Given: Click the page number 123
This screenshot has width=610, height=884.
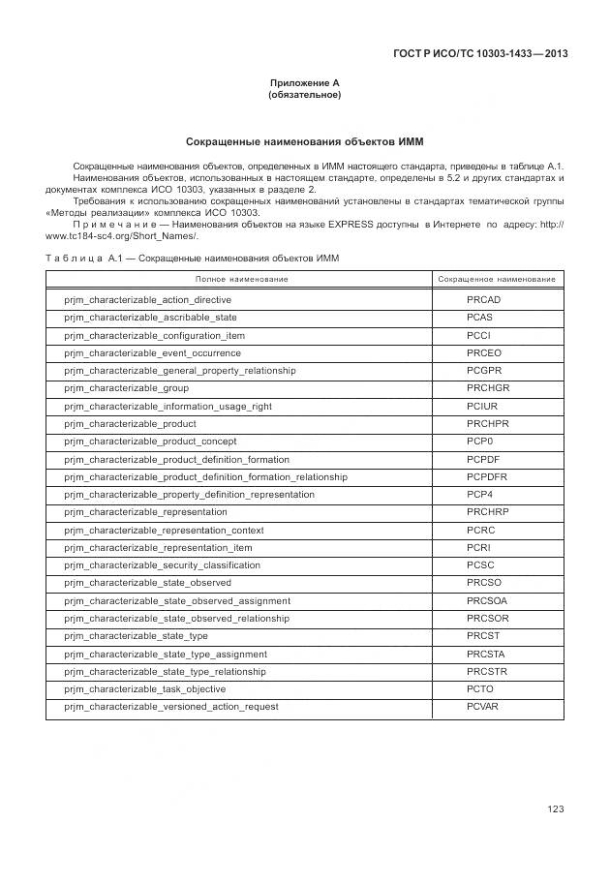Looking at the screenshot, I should (x=555, y=809).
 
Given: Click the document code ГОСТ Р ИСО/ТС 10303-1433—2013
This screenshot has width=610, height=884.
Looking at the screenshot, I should (x=481, y=54).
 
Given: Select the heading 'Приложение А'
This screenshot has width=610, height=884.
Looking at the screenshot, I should (x=304, y=83).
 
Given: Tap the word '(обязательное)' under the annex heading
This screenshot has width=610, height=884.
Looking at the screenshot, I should (x=304, y=95).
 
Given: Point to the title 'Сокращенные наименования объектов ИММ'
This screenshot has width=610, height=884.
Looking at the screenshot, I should (x=304, y=141).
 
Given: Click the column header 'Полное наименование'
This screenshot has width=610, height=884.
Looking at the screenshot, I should (x=242, y=279).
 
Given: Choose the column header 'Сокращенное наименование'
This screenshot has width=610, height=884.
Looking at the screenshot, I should (x=497, y=279).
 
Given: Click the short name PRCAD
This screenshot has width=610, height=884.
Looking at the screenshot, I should (x=483, y=300).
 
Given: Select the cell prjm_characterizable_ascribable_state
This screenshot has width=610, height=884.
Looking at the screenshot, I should (x=150, y=318).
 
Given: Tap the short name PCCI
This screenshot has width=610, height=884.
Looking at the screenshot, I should (x=478, y=335).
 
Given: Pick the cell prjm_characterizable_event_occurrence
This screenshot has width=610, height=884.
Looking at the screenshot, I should (x=152, y=353).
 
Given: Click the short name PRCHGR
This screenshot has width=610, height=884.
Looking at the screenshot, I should (x=487, y=388).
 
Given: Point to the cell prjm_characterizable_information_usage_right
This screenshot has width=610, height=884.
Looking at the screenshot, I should (x=168, y=407).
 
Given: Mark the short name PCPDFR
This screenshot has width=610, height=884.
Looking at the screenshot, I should (x=486, y=477).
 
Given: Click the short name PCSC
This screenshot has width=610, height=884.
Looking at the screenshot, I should (x=479, y=565).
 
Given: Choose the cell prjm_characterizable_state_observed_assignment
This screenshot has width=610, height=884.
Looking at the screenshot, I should (x=177, y=601).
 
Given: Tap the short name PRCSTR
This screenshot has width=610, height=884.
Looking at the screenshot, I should (x=487, y=672).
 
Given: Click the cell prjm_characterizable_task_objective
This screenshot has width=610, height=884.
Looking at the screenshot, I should (x=144, y=689).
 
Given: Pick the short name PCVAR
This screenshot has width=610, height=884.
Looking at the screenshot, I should (x=482, y=707).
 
